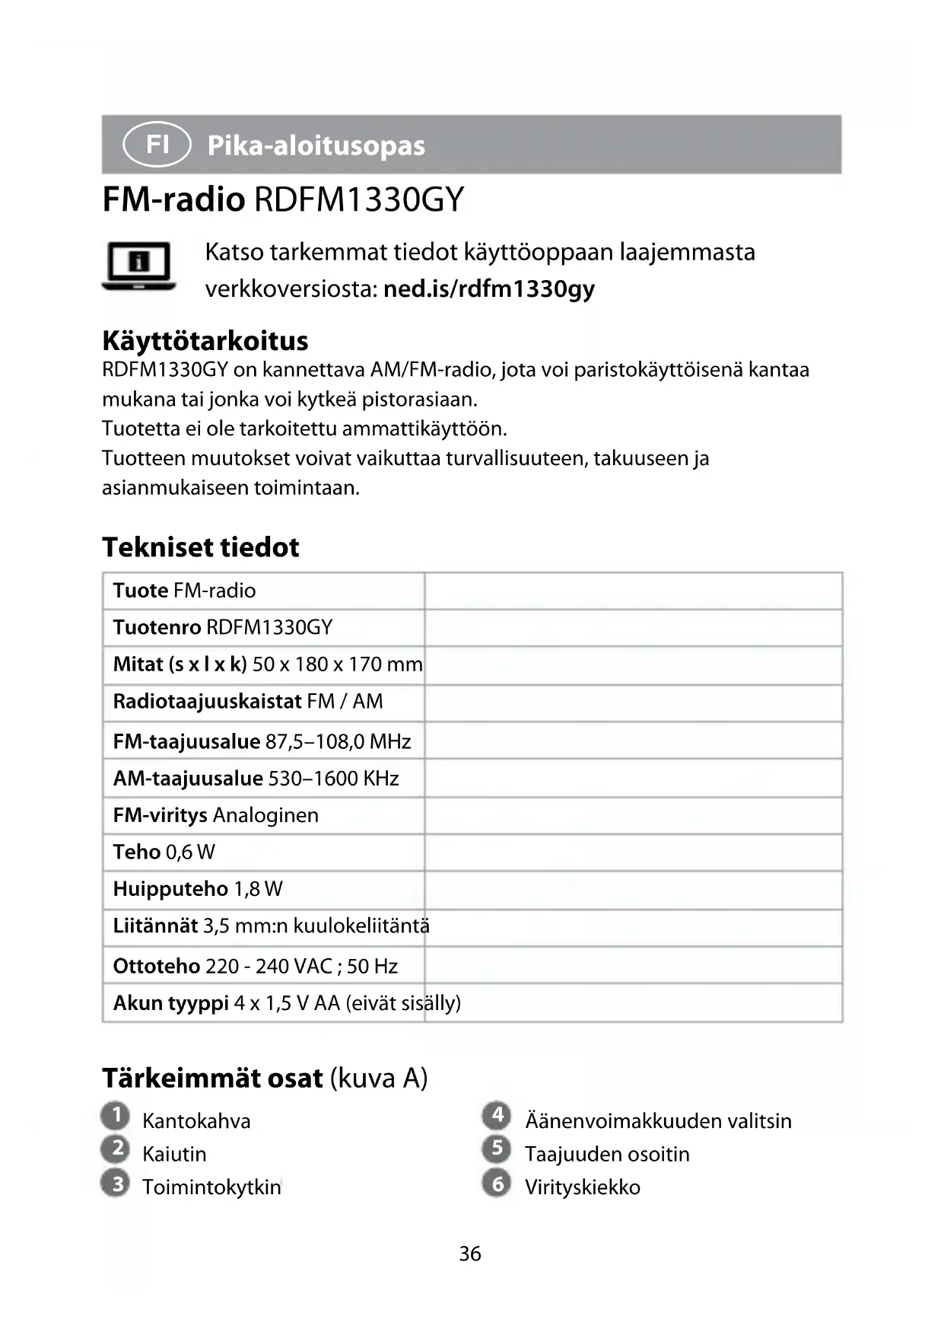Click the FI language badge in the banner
pos(156,144)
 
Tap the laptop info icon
pos(139,266)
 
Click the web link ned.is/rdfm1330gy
pos(489,289)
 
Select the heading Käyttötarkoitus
pos(205,340)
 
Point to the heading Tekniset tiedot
pos(201,546)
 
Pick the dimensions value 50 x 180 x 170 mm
pos(337,664)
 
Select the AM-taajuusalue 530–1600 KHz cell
pos(256,778)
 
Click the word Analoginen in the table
pos(265,815)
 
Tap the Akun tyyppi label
pos(171,1003)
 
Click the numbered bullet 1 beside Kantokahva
pos(116,1117)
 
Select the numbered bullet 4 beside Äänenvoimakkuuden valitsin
pos(497,1117)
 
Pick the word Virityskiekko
pos(583,1187)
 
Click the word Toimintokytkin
pos(211,1187)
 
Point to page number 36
pos(470,1254)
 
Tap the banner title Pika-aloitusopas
pos(316,145)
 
